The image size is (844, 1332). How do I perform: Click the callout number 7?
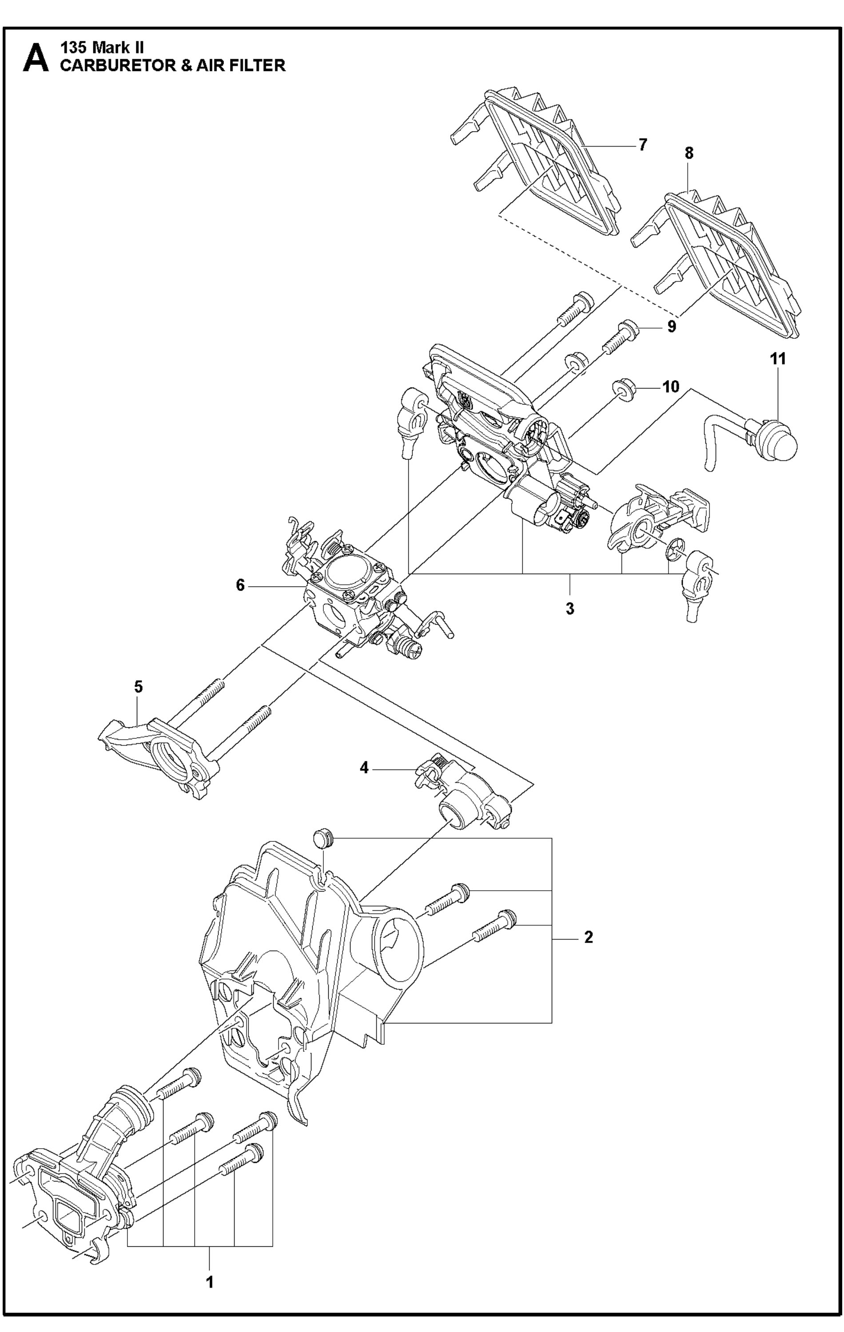pyautogui.click(x=642, y=145)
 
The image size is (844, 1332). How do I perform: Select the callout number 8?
pyautogui.click(x=689, y=153)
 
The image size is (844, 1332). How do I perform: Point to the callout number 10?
pyautogui.click(x=671, y=386)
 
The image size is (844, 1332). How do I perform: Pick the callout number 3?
pyautogui.click(x=569, y=609)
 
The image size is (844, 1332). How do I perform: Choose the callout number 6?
pyautogui.click(x=240, y=585)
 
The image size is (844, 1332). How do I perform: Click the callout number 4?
pyautogui.click(x=364, y=768)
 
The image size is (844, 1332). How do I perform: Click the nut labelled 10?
pyautogui.click(x=623, y=391)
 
